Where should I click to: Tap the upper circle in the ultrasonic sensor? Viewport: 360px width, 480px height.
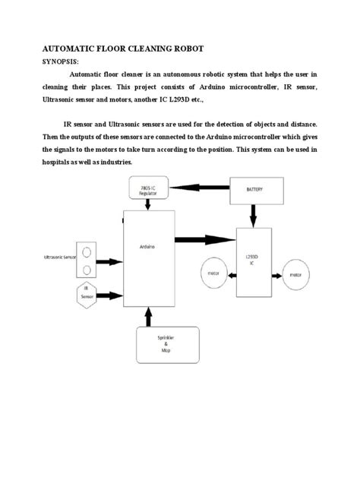click(88, 251)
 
